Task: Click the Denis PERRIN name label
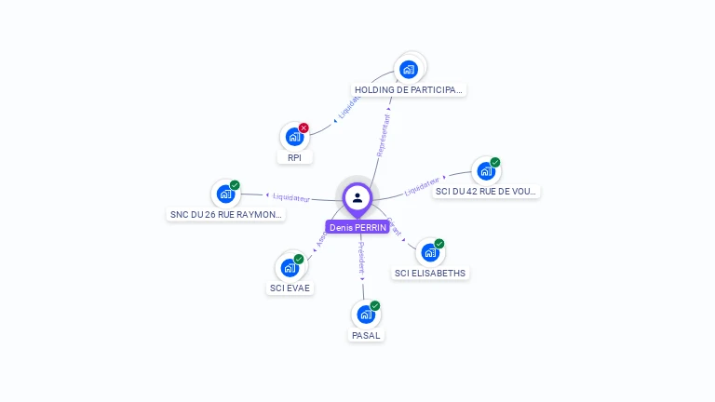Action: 357,227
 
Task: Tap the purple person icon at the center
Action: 357,197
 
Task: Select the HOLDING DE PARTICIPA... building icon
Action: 408,69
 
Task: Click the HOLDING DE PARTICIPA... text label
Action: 409,90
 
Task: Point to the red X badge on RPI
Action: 304,127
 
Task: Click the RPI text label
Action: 294,158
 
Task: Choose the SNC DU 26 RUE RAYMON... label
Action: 226,214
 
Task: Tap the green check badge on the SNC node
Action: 235,185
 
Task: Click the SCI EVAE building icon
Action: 290,268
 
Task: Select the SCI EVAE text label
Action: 290,288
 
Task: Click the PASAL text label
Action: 366,335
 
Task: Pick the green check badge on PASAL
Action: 375,305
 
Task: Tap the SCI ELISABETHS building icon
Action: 429,252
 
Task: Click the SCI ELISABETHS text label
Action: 430,274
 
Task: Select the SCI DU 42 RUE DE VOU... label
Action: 487,192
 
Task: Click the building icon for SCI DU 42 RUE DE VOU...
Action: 485,171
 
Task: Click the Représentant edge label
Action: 383,135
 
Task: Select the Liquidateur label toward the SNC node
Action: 290,197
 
